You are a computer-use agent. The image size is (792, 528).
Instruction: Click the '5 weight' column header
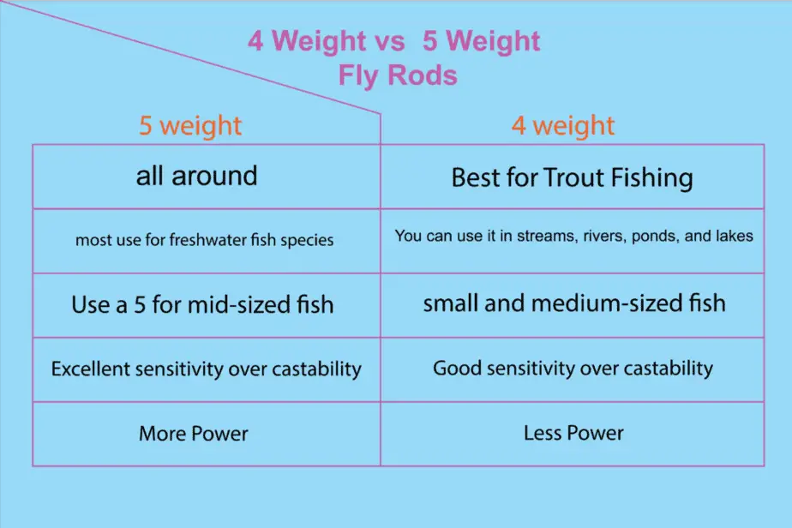pos(190,125)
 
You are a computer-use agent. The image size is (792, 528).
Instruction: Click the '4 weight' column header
pos(563,125)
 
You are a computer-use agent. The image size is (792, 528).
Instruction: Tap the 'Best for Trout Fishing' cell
pos(573,177)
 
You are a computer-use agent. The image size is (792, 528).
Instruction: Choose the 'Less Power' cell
pos(573,433)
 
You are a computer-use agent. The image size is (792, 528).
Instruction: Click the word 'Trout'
pos(574,177)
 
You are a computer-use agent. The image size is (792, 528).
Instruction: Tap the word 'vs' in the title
pos(390,41)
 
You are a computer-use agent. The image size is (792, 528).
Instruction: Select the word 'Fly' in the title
pos(359,76)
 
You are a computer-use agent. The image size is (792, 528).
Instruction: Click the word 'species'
pos(307,240)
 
